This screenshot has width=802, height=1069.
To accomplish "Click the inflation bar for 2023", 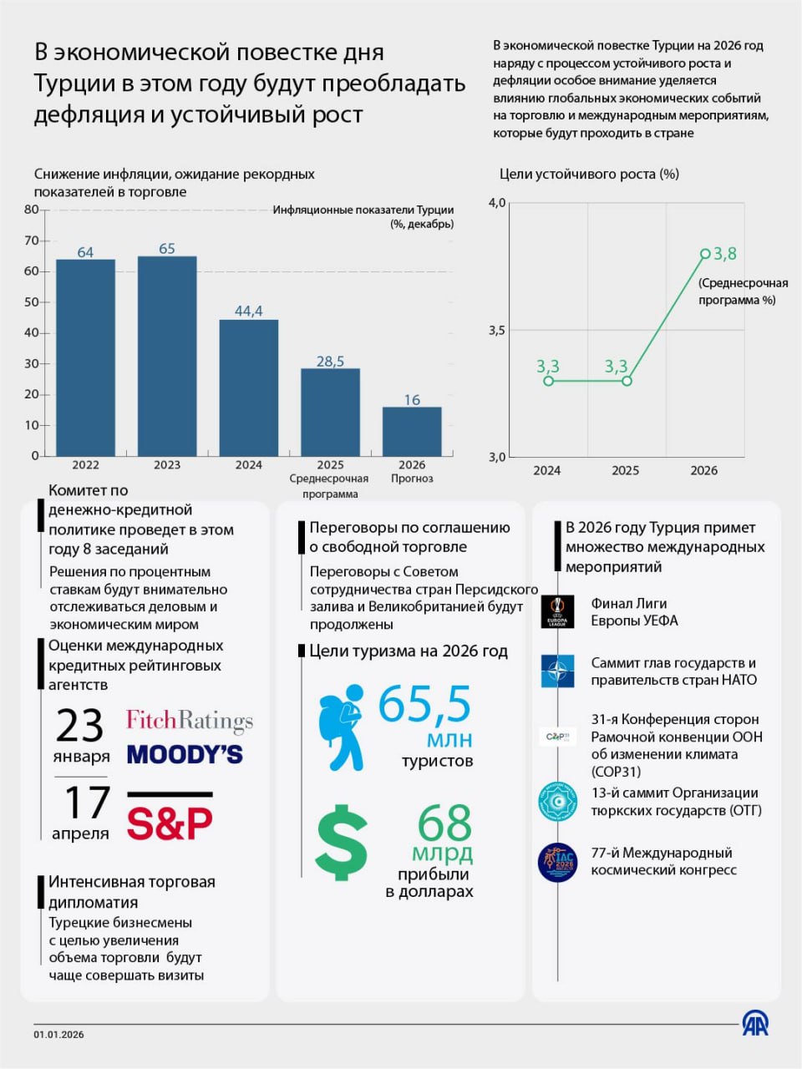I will click(x=167, y=356).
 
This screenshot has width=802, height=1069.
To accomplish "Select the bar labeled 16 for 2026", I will click(x=412, y=431).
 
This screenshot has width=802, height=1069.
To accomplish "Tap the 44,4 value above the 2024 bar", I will click(x=248, y=311).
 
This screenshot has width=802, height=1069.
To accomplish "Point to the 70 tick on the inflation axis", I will click(x=32, y=241).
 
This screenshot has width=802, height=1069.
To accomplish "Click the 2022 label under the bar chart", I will click(x=85, y=465).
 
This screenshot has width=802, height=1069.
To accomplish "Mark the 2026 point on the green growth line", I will click(x=705, y=254).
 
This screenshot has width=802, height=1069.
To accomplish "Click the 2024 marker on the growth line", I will click(x=548, y=381).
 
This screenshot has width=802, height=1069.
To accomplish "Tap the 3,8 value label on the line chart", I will click(x=724, y=254).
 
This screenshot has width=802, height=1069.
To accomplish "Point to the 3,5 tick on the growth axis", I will click(x=497, y=331).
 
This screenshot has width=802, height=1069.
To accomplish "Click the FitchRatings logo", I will click(x=190, y=720).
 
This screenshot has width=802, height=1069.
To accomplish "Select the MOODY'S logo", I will click(x=185, y=754).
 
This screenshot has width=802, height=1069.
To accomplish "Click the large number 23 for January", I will click(x=80, y=725).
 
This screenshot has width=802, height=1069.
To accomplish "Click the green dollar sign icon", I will click(x=342, y=842).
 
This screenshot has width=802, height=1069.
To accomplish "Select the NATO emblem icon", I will click(x=557, y=671).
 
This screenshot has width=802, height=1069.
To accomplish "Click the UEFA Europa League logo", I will click(x=557, y=611).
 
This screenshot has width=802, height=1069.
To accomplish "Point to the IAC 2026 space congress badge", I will click(x=557, y=862).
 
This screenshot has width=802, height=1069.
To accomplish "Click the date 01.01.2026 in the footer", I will click(x=59, y=1035).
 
